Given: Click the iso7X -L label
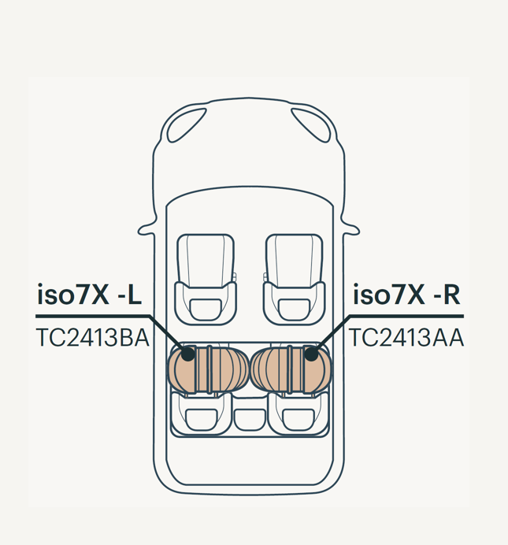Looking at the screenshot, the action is point(89,295).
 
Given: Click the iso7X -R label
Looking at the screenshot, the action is point(406,295).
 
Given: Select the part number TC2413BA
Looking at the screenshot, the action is point(93,338).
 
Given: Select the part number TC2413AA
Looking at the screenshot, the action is point(406,338).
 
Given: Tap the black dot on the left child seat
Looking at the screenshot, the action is point(188,354).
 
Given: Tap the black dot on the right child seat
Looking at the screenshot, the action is point(311,354).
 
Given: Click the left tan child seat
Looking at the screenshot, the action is point(208,370).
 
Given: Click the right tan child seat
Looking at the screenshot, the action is point(291,370).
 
